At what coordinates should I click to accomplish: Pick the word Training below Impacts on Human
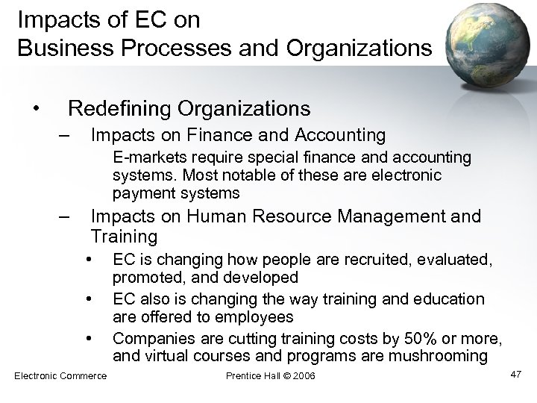pos(124,237)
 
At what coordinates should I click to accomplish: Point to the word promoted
pos(143,277)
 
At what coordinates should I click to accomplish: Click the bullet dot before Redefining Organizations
pos(37,109)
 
